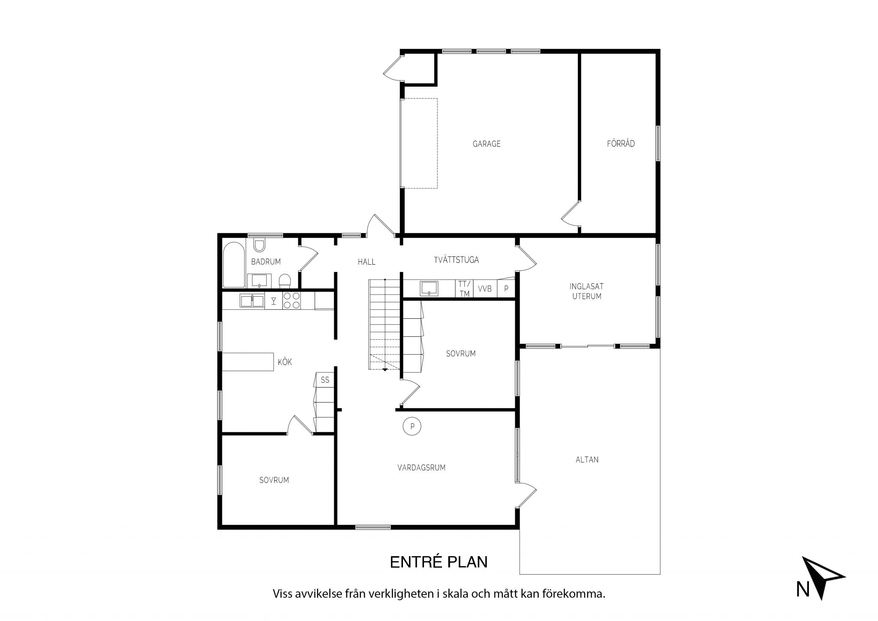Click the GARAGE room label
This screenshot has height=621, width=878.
487,144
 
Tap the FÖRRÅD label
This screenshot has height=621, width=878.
621,144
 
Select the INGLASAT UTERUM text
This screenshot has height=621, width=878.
587,291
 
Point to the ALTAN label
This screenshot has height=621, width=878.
587,460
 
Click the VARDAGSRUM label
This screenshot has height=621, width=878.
421,467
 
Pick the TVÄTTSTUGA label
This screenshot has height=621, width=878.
456,260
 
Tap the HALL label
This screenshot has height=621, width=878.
367,262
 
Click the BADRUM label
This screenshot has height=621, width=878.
266,262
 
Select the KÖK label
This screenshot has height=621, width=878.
285,362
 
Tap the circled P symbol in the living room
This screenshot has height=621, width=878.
412,426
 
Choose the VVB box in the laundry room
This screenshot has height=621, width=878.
485,289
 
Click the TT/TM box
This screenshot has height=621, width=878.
464,289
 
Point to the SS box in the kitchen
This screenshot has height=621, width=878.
325,380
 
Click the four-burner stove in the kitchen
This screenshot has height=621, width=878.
292,300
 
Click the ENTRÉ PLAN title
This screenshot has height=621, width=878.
439,562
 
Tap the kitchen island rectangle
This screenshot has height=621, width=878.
248,362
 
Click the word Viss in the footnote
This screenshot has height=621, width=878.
283,594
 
